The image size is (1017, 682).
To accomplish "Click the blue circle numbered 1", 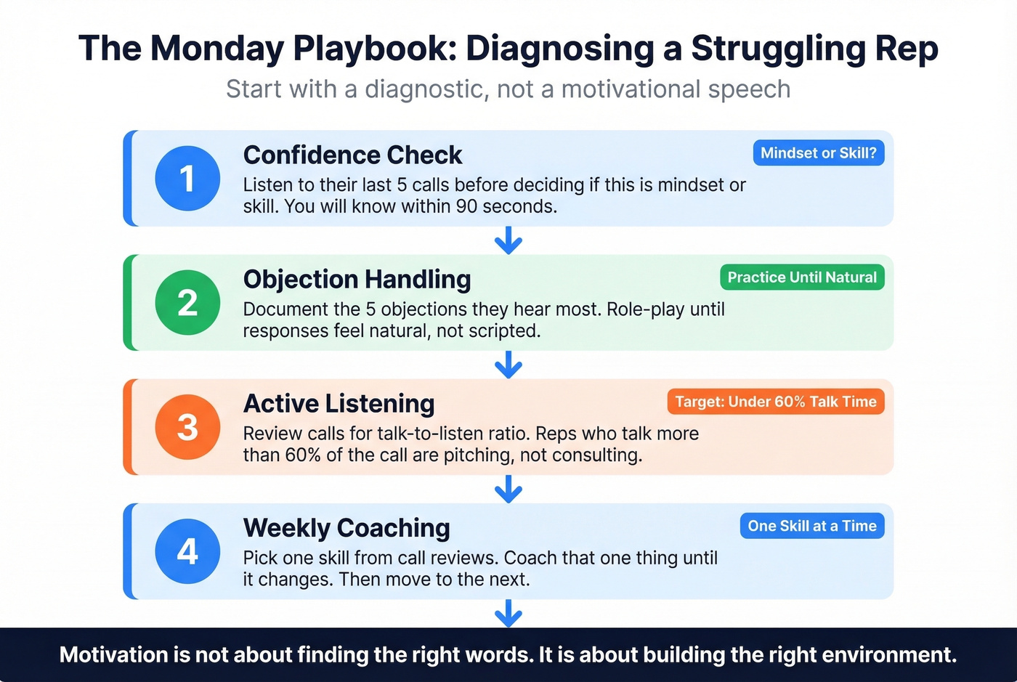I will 187,179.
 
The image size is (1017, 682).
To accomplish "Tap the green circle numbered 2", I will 187,303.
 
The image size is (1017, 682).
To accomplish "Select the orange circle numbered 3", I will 187,427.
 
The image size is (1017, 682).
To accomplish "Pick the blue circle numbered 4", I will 187,551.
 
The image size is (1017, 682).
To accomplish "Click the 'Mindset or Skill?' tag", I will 819,153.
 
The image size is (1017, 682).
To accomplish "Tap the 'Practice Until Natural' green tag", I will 802,277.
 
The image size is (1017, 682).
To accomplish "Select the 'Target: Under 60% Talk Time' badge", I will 776,402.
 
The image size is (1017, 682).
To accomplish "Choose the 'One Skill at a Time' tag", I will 812,526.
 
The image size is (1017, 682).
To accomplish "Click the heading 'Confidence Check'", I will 352,155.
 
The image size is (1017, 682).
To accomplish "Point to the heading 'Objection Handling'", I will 357,280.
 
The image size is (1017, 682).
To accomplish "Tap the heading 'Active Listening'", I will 339,404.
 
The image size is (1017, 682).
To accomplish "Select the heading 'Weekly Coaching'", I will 347,528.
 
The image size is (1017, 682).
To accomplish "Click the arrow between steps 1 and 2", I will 508,240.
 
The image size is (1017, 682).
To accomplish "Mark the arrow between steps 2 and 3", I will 508,365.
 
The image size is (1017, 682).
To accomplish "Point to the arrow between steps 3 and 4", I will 508,489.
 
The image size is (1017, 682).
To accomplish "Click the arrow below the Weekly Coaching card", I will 508,613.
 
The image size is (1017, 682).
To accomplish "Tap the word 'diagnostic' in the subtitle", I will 426,89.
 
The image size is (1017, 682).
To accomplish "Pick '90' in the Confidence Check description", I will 466,206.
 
